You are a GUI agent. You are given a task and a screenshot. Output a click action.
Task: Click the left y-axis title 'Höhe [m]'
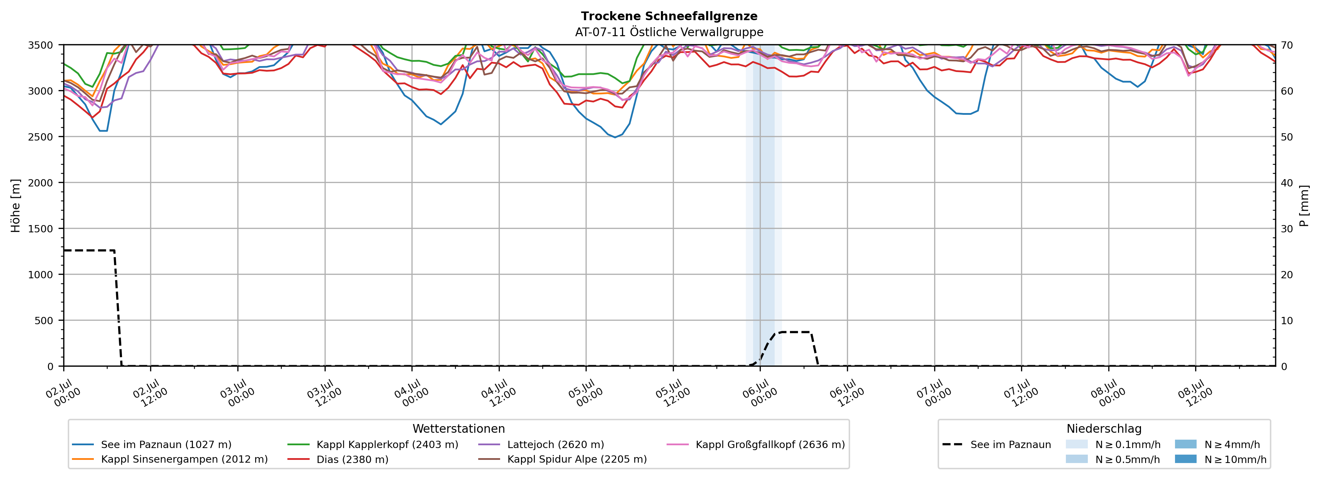click(16, 205)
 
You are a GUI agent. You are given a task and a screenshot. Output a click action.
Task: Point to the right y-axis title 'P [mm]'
click(1304, 205)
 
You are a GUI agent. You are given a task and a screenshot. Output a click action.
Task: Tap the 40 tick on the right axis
click(1287, 183)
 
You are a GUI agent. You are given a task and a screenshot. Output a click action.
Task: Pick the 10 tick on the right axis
click(1287, 320)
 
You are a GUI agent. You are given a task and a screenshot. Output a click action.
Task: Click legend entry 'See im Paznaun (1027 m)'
click(166, 445)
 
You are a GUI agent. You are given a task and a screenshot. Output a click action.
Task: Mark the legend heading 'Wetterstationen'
click(458, 429)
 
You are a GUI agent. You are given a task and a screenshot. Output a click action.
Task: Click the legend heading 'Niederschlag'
click(1104, 429)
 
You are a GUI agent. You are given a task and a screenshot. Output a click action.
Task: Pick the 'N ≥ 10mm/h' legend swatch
click(1185, 459)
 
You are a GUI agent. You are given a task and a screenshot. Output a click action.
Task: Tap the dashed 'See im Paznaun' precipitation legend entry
click(996, 445)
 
